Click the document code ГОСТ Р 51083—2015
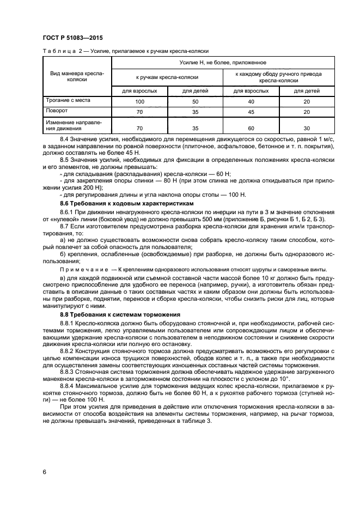tap(72, 38)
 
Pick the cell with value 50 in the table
tap(195, 102)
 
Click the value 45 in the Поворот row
tap(251, 112)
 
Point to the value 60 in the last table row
tap(251, 128)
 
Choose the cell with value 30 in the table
tap(307, 128)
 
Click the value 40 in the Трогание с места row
tap(251, 102)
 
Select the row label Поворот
tap(57, 110)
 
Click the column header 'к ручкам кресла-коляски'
tap(167, 77)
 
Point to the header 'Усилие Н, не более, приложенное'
tap(223, 63)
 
